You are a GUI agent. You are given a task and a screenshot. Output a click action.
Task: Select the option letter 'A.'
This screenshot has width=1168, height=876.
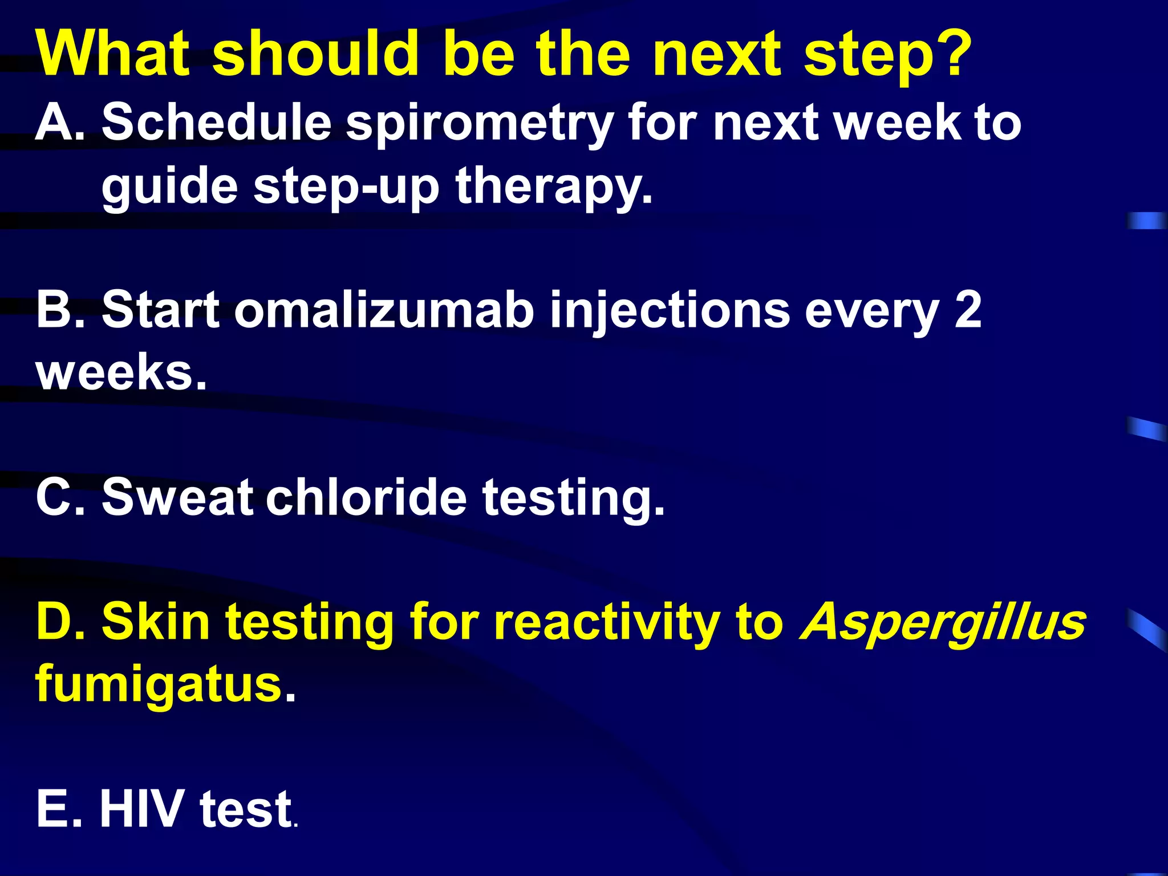(60, 122)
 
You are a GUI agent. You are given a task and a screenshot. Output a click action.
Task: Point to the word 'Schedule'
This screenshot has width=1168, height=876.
(217, 122)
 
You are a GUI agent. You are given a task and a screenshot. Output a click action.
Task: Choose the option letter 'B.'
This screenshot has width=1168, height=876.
(60, 310)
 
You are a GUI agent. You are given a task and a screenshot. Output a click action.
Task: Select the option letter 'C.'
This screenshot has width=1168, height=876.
(60, 496)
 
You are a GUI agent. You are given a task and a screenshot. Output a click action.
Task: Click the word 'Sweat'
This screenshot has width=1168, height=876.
(177, 496)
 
